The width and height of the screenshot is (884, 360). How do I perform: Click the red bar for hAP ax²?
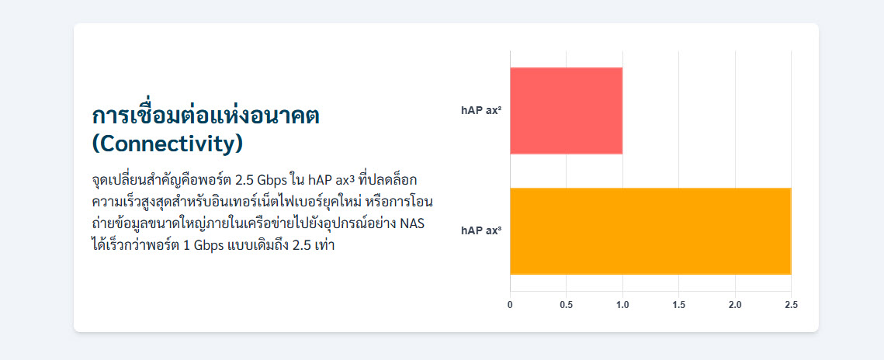click(x=566, y=110)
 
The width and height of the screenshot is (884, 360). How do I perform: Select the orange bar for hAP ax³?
click(x=650, y=231)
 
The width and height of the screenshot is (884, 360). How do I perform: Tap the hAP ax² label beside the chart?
click(x=481, y=110)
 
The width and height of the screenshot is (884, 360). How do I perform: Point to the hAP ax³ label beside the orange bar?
click(x=481, y=231)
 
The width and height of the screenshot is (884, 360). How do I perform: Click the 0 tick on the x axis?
click(x=510, y=305)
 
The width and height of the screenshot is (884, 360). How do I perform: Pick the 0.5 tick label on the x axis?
click(x=566, y=305)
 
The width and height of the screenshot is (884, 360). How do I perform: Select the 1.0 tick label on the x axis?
click(x=622, y=305)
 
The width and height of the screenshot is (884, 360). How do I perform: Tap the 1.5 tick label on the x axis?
click(x=679, y=305)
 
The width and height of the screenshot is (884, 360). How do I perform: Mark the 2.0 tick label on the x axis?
click(x=735, y=305)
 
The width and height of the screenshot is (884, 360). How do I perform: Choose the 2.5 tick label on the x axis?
click(x=791, y=305)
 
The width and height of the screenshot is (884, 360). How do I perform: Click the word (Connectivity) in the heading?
click(x=168, y=144)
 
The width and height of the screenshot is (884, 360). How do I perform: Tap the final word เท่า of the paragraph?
click(x=324, y=246)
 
